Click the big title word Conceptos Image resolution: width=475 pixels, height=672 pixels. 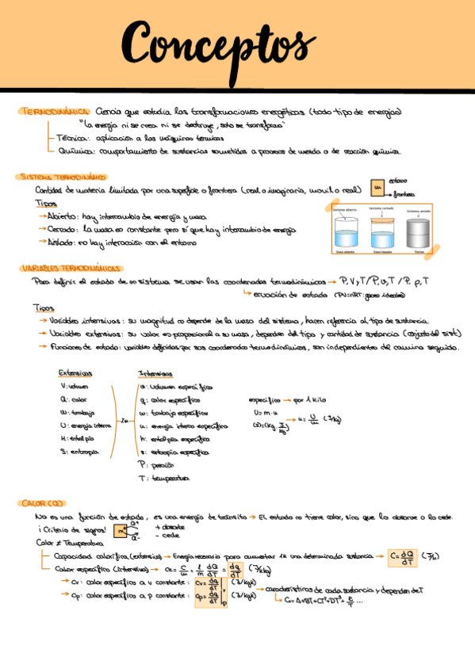click(x=214, y=43)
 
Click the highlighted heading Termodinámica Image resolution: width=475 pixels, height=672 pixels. click(x=53, y=112)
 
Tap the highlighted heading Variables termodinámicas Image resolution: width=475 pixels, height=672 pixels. click(x=71, y=268)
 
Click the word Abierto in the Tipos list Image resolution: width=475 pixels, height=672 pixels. click(x=62, y=215)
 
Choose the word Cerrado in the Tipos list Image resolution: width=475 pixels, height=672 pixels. click(x=63, y=229)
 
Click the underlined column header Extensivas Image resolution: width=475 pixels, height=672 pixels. click(x=75, y=373)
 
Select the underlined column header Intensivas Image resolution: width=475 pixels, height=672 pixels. click(x=155, y=373)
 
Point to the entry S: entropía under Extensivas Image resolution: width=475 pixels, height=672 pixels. click(x=79, y=451)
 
